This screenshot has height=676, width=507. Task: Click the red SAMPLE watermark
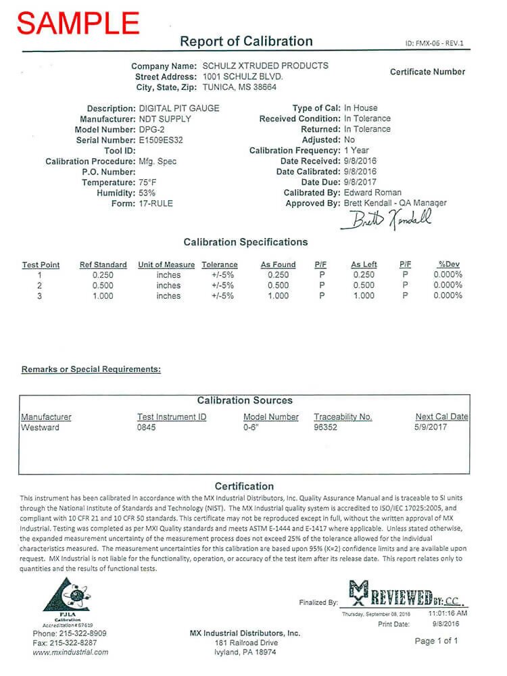click(x=78, y=22)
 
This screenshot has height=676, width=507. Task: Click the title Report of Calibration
click(x=246, y=41)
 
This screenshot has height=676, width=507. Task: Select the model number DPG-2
click(x=152, y=129)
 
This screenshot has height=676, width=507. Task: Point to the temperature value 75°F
click(x=148, y=183)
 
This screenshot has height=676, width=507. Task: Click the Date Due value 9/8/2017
click(x=360, y=182)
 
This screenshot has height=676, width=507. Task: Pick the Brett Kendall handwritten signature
click(x=389, y=219)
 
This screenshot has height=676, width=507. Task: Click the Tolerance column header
click(x=220, y=264)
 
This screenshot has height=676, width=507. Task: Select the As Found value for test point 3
click(x=278, y=296)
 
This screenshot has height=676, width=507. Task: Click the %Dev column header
click(x=450, y=264)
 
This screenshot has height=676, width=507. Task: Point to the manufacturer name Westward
click(x=40, y=427)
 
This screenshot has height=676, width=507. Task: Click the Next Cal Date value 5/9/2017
click(x=431, y=427)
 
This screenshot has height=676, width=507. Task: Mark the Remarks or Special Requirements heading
click(x=91, y=370)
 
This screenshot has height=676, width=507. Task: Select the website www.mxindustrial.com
click(x=70, y=652)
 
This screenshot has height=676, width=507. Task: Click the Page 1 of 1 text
click(x=436, y=640)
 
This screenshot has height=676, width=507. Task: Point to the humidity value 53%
click(x=147, y=193)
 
